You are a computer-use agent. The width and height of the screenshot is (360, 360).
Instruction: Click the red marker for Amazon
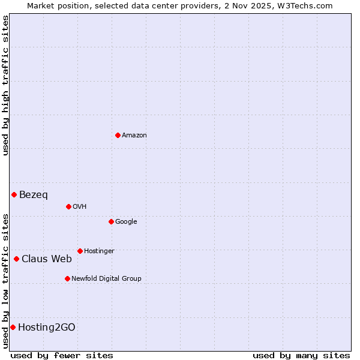point(118,135)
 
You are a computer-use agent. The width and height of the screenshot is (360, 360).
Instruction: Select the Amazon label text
point(134,136)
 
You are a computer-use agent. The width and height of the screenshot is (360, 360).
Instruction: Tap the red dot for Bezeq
point(14,194)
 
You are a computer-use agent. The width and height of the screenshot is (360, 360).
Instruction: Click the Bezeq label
point(34,195)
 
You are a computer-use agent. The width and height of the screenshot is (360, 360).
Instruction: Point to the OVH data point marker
point(68,206)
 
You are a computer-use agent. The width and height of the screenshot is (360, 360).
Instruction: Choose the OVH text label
point(80,207)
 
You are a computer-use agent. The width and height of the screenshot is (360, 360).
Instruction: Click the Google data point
point(111,221)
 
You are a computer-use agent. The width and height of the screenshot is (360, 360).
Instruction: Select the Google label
point(126,222)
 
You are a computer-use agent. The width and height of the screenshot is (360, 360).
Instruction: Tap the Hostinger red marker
point(80,251)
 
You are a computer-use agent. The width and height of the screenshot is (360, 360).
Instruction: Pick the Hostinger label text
point(99,251)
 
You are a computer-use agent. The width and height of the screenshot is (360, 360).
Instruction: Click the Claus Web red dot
point(16,259)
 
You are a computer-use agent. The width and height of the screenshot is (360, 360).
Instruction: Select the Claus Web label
point(47,259)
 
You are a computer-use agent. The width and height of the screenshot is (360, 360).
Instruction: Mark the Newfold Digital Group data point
point(67,278)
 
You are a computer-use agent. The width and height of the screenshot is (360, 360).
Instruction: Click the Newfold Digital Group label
point(106,279)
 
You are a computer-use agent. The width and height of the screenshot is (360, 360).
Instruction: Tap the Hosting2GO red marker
point(13,327)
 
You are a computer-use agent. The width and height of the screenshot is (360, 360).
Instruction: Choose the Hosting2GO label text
point(47,328)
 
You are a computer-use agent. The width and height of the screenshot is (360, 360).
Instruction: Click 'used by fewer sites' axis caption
point(62,355)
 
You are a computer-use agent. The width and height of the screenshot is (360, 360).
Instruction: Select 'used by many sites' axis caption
point(301,355)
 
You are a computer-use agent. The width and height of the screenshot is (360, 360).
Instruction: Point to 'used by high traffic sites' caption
point(5,85)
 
